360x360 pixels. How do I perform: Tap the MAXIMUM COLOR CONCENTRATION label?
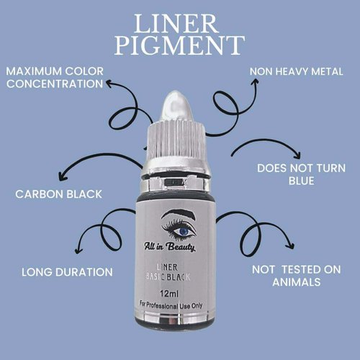pos(55,78)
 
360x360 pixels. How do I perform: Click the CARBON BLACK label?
pos(58,194)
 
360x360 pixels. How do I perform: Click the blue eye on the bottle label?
pos(182,230)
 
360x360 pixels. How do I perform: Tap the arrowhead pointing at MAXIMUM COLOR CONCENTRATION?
pos(109,84)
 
